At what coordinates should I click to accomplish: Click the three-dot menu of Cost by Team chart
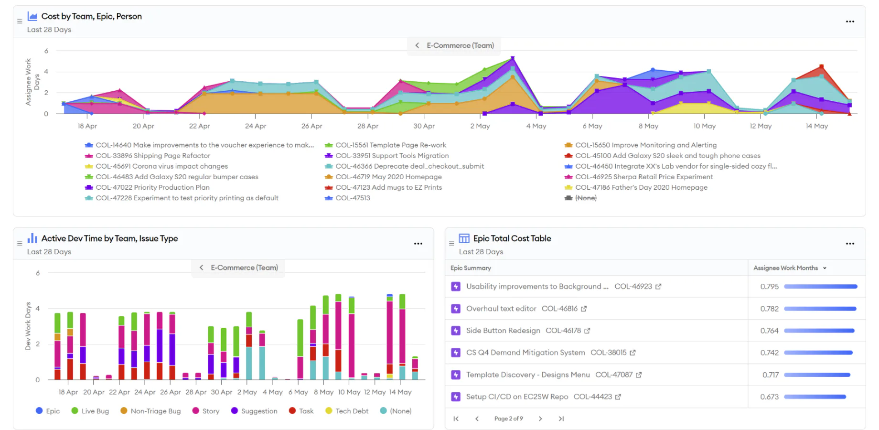pos(850,21)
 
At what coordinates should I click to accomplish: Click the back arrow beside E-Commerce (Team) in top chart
pos(417,45)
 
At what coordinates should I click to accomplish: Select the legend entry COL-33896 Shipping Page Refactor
pos(152,156)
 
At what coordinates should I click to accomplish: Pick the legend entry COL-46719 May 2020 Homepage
pos(388,177)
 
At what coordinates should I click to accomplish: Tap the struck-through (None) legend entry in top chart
pos(586,198)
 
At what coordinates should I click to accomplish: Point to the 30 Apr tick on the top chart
pos(424,126)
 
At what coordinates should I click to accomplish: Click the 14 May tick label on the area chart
pos(816,126)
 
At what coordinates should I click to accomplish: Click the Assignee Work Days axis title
pos(32,82)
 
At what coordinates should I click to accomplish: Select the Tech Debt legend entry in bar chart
pos(351,411)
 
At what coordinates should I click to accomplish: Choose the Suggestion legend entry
pos(258,411)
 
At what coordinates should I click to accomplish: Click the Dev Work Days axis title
pos(28,326)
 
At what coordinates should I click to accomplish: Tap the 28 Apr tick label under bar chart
pos(196,392)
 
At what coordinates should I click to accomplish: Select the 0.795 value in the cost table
pos(769,287)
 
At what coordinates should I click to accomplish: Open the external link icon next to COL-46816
pos(584,309)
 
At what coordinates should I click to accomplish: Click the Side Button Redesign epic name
pos(503,331)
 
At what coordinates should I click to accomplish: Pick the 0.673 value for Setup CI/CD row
pos(769,397)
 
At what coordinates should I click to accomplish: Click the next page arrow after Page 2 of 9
pos(540,419)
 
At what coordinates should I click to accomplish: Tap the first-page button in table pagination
pos(456,419)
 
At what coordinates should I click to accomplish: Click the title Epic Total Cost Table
pos(512,238)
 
